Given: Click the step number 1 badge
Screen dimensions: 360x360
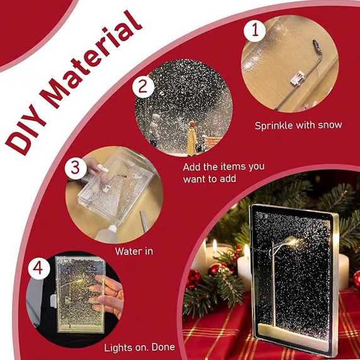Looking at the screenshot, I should pos(255,30).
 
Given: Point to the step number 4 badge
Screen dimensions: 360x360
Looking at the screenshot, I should pos(38,269).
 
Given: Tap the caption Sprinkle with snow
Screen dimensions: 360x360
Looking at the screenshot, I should pos(298,125).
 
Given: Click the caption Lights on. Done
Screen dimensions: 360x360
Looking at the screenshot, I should pos(139,347).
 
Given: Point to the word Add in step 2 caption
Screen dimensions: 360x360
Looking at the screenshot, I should pos(193,167).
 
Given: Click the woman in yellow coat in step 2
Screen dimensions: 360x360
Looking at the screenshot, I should pos(191,138).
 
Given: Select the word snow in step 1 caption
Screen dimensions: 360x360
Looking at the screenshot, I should pos(329,125).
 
